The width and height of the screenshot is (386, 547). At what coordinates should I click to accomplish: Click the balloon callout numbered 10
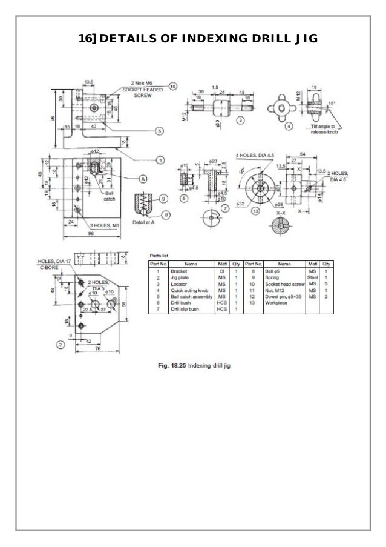pyautogui.click(x=172, y=87)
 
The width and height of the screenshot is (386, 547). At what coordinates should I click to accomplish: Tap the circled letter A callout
pyautogui.click(x=144, y=178)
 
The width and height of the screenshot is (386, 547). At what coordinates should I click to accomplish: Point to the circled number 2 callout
pyautogui.click(x=61, y=345)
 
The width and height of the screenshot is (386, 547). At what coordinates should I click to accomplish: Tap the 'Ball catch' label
pyautogui.click(x=110, y=195)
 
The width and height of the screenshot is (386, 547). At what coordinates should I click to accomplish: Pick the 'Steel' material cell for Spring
pyautogui.click(x=312, y=278)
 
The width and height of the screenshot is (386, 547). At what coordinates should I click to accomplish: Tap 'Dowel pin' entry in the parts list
pyautogui.click(x=279, y=297)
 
